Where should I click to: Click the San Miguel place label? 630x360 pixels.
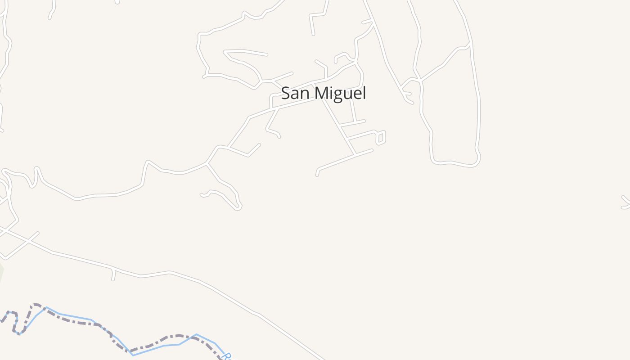point(324,93)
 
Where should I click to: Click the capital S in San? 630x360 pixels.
point(286,93)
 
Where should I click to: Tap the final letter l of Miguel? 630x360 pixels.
point(364,93)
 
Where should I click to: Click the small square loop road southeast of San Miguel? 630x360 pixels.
point(381,138)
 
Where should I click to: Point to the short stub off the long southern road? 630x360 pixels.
point(113,274)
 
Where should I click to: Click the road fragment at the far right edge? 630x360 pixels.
point(625,202)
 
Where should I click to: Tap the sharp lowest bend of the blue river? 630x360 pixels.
point(133,355)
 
